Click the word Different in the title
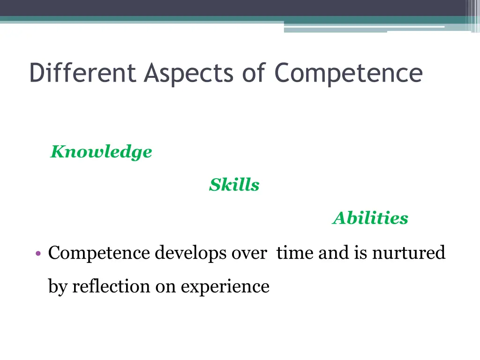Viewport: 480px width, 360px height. [82, 73]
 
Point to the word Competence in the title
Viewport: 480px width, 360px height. [348, 74]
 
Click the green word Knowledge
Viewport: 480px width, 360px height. [101, 152]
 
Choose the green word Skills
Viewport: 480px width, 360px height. [234, 185]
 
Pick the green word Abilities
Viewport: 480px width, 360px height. [370, 218]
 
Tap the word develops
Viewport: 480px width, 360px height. [191, 254]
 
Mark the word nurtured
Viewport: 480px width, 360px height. [409, 253]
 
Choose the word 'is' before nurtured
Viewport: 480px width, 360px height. [360, 253]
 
